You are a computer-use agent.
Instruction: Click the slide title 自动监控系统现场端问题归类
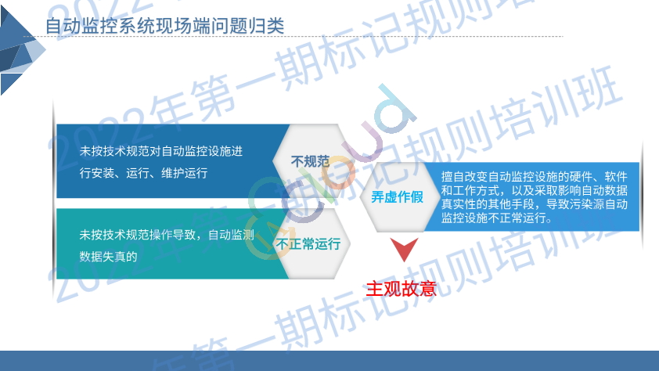(x=164, y=26)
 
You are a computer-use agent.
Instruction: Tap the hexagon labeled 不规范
(x=310, y=161)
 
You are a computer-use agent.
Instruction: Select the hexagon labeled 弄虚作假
(x=397, y=196)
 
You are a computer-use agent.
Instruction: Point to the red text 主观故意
(x=402, y=289)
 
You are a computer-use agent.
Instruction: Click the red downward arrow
(x=405, y=249)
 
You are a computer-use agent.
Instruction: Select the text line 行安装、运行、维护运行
(x=143, y=173)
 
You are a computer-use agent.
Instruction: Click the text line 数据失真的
(x=109, y=256)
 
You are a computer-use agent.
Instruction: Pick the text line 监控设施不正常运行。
(x=497, y=218)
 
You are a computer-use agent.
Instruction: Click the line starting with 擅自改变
(x=535, y=176)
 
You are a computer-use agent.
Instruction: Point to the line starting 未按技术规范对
(x=161, y=151)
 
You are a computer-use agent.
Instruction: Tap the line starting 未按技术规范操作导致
(x=167, y=235)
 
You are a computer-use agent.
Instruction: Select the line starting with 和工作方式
(x=535, y=190)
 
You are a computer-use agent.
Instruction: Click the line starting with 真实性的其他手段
(x=535, y=204)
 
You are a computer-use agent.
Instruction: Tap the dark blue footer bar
(x=329, y=361)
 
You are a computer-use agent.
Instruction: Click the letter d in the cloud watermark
(x=395, y=110)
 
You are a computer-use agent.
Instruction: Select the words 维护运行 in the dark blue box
(x=185, y=173)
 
